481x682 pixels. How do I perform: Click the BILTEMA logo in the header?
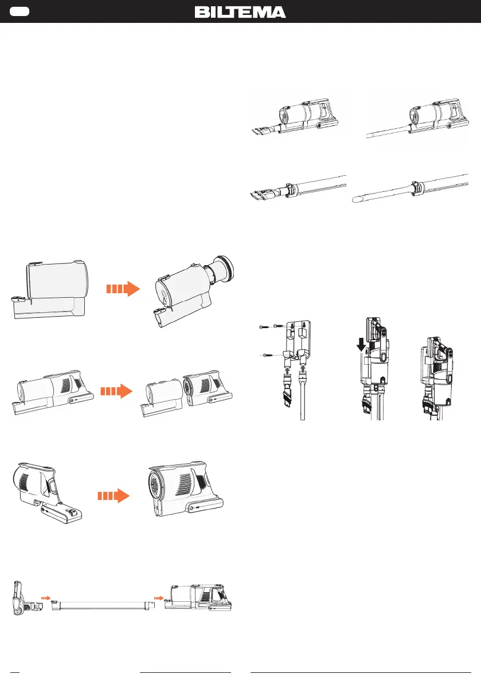(240, 12)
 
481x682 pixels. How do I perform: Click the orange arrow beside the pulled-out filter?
(123, 289)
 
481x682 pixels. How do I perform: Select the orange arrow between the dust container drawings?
(116, 392)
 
